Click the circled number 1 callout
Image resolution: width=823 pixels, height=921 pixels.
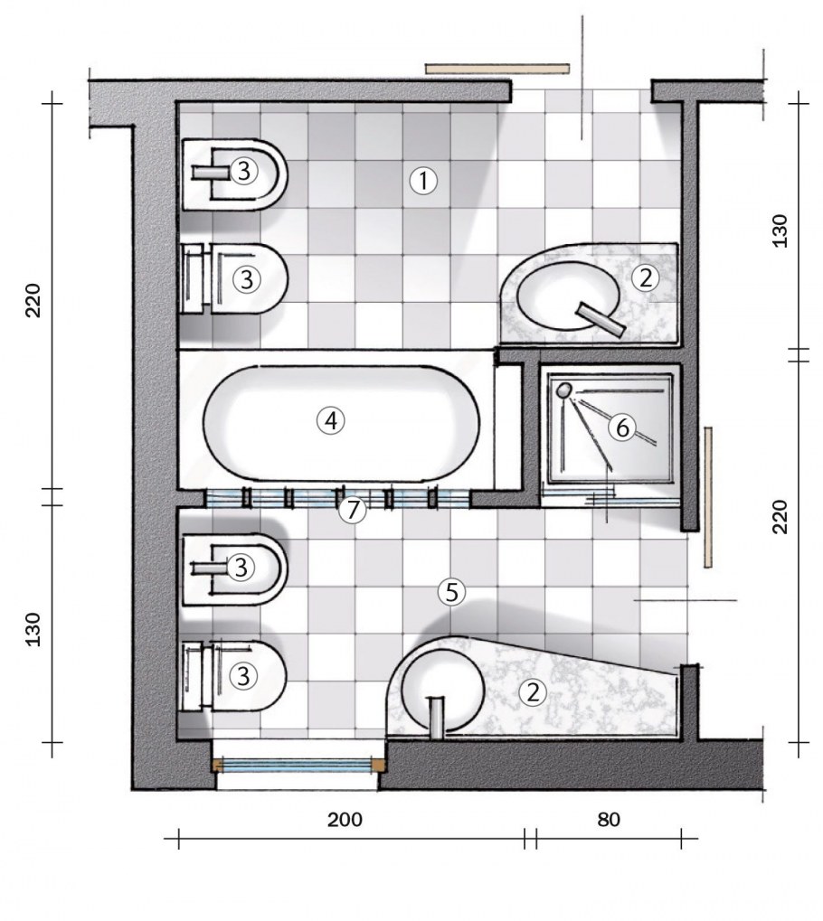[x=423, y=181]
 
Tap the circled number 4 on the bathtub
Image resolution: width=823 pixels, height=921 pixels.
[x=331, y=420]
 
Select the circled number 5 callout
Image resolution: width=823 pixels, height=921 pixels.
[x=451, y=592]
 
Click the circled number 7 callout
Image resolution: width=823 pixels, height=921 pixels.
[x=353, y=510]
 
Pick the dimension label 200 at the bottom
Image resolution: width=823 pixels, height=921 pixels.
[x=345, y=820]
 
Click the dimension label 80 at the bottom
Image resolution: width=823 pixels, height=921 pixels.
[x=609, y=820]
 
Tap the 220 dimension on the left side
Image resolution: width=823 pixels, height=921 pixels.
[x=33, y=300]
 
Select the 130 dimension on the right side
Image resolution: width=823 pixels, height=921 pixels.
[x=780, y=230]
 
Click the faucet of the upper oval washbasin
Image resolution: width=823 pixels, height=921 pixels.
[x=601, y=320]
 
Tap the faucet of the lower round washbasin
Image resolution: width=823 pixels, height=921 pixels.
[x=436, y=716]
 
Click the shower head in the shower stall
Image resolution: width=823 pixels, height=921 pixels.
[x=564, y=390]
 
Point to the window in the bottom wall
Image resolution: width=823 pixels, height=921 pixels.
[x=299, y=765]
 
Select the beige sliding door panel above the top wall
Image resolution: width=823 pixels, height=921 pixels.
[x=497, y=69]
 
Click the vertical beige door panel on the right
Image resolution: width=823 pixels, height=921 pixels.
[x=708, y=497]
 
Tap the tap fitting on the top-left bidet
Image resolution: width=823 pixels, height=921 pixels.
[x=211, y=172]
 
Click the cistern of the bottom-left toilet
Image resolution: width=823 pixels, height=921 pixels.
[x=193, y=677]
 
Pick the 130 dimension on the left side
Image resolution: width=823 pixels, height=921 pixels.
[x=33, y=629]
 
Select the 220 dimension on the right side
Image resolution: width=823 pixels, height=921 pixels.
[x=780, y=517]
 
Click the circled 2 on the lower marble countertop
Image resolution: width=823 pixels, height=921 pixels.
[x=533, y=692]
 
